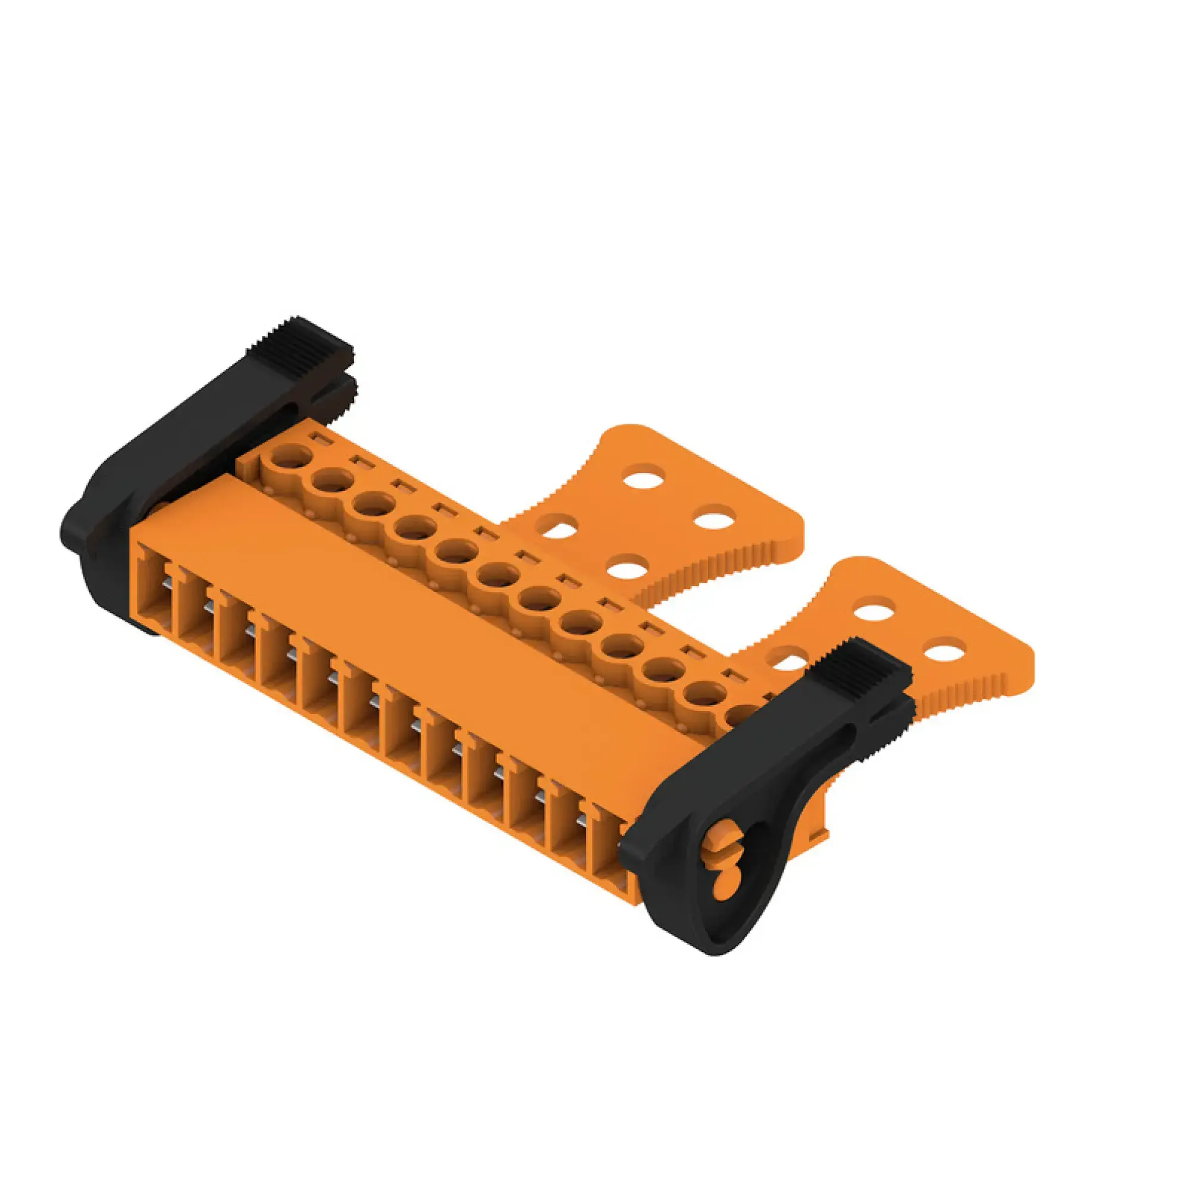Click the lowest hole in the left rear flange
(x=629, y=567)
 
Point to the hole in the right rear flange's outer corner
(x=943, y=653)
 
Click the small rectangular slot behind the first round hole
(x=320, y=439)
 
